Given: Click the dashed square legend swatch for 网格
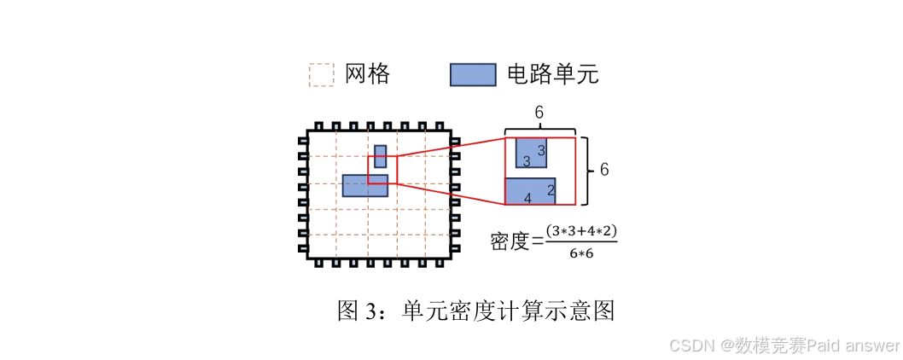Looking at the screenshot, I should click(x=321, y=75).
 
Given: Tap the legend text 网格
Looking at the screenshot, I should click(x=368, y=74).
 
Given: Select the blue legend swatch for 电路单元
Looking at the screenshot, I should click(x=473, y=75).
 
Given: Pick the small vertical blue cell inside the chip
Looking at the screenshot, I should click(x=380, y=156).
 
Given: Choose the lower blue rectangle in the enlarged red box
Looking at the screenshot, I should click(x=530, y=191).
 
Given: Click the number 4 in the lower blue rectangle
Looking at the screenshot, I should click(x=527, y=199).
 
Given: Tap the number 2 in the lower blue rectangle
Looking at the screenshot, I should click(x=551, y=190).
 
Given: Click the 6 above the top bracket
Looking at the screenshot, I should click(x=539, y=113).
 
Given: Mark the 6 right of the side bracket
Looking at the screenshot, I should click(x=603, y=170).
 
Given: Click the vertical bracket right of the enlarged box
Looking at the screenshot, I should click(x=585, y=170).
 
